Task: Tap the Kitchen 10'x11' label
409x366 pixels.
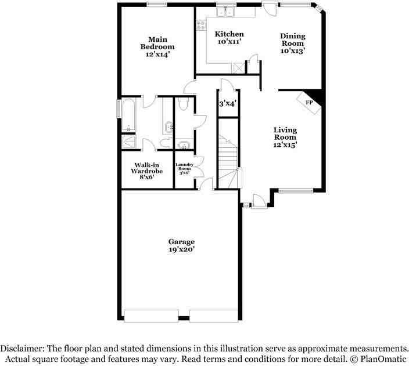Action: (x=229, y=38)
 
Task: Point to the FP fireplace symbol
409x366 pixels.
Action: (x=309, y=102)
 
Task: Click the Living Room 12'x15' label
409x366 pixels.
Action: (x=285, y=137)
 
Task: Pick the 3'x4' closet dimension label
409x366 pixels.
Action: (x=228, y=104)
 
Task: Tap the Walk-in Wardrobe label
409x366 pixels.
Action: (x=146, y=171)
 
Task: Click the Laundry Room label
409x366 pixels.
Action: (x=184, y=168)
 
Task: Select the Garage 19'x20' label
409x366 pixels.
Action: (x=181, y=245)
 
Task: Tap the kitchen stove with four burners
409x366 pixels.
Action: (x=201, y=25)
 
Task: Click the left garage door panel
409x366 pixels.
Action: (x=151, y=316)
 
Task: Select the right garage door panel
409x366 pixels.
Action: (x=213, y=316)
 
